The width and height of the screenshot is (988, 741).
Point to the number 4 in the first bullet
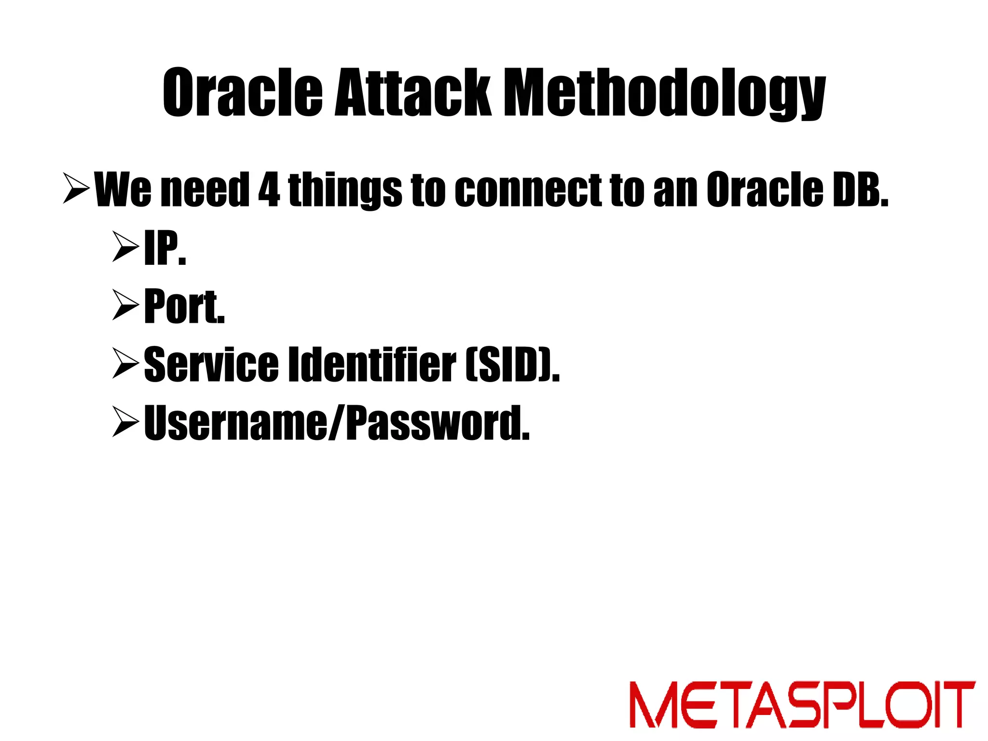[269, 190]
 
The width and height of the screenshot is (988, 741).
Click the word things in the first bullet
[344, 191]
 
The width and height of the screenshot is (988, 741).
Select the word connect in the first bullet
[528, 190]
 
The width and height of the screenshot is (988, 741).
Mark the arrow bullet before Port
[125, 305]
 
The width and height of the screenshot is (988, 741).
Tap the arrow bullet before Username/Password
[125, 422]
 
